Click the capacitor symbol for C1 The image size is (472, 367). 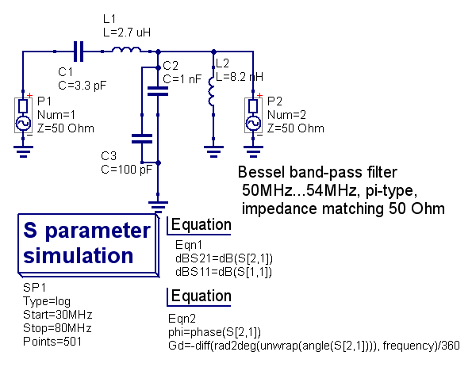[x=79, y=52]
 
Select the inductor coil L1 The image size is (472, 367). [x=126, y=50]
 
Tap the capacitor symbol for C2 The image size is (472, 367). [x=158, y=91]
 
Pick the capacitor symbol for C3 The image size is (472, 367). [x=142, y=139]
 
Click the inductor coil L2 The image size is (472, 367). [x=212, y=91]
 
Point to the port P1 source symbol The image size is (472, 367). [x=23, y=115]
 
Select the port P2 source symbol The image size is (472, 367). [x=253, y=115]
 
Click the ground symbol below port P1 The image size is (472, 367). [x=23, y=151]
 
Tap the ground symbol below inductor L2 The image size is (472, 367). [x=213, y=151]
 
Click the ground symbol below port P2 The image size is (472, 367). [x=253, y=151]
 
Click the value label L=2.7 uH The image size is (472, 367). [x=127, y=32]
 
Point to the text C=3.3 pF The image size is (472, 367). [x=83, y=86]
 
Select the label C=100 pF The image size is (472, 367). [x=127, y=170]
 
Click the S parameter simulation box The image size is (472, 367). [x=88, y=244]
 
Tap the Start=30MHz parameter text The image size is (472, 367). [x=57, y=315]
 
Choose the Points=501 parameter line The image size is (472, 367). [x=52, y=342]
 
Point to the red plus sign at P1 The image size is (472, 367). [x=29, y=96]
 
